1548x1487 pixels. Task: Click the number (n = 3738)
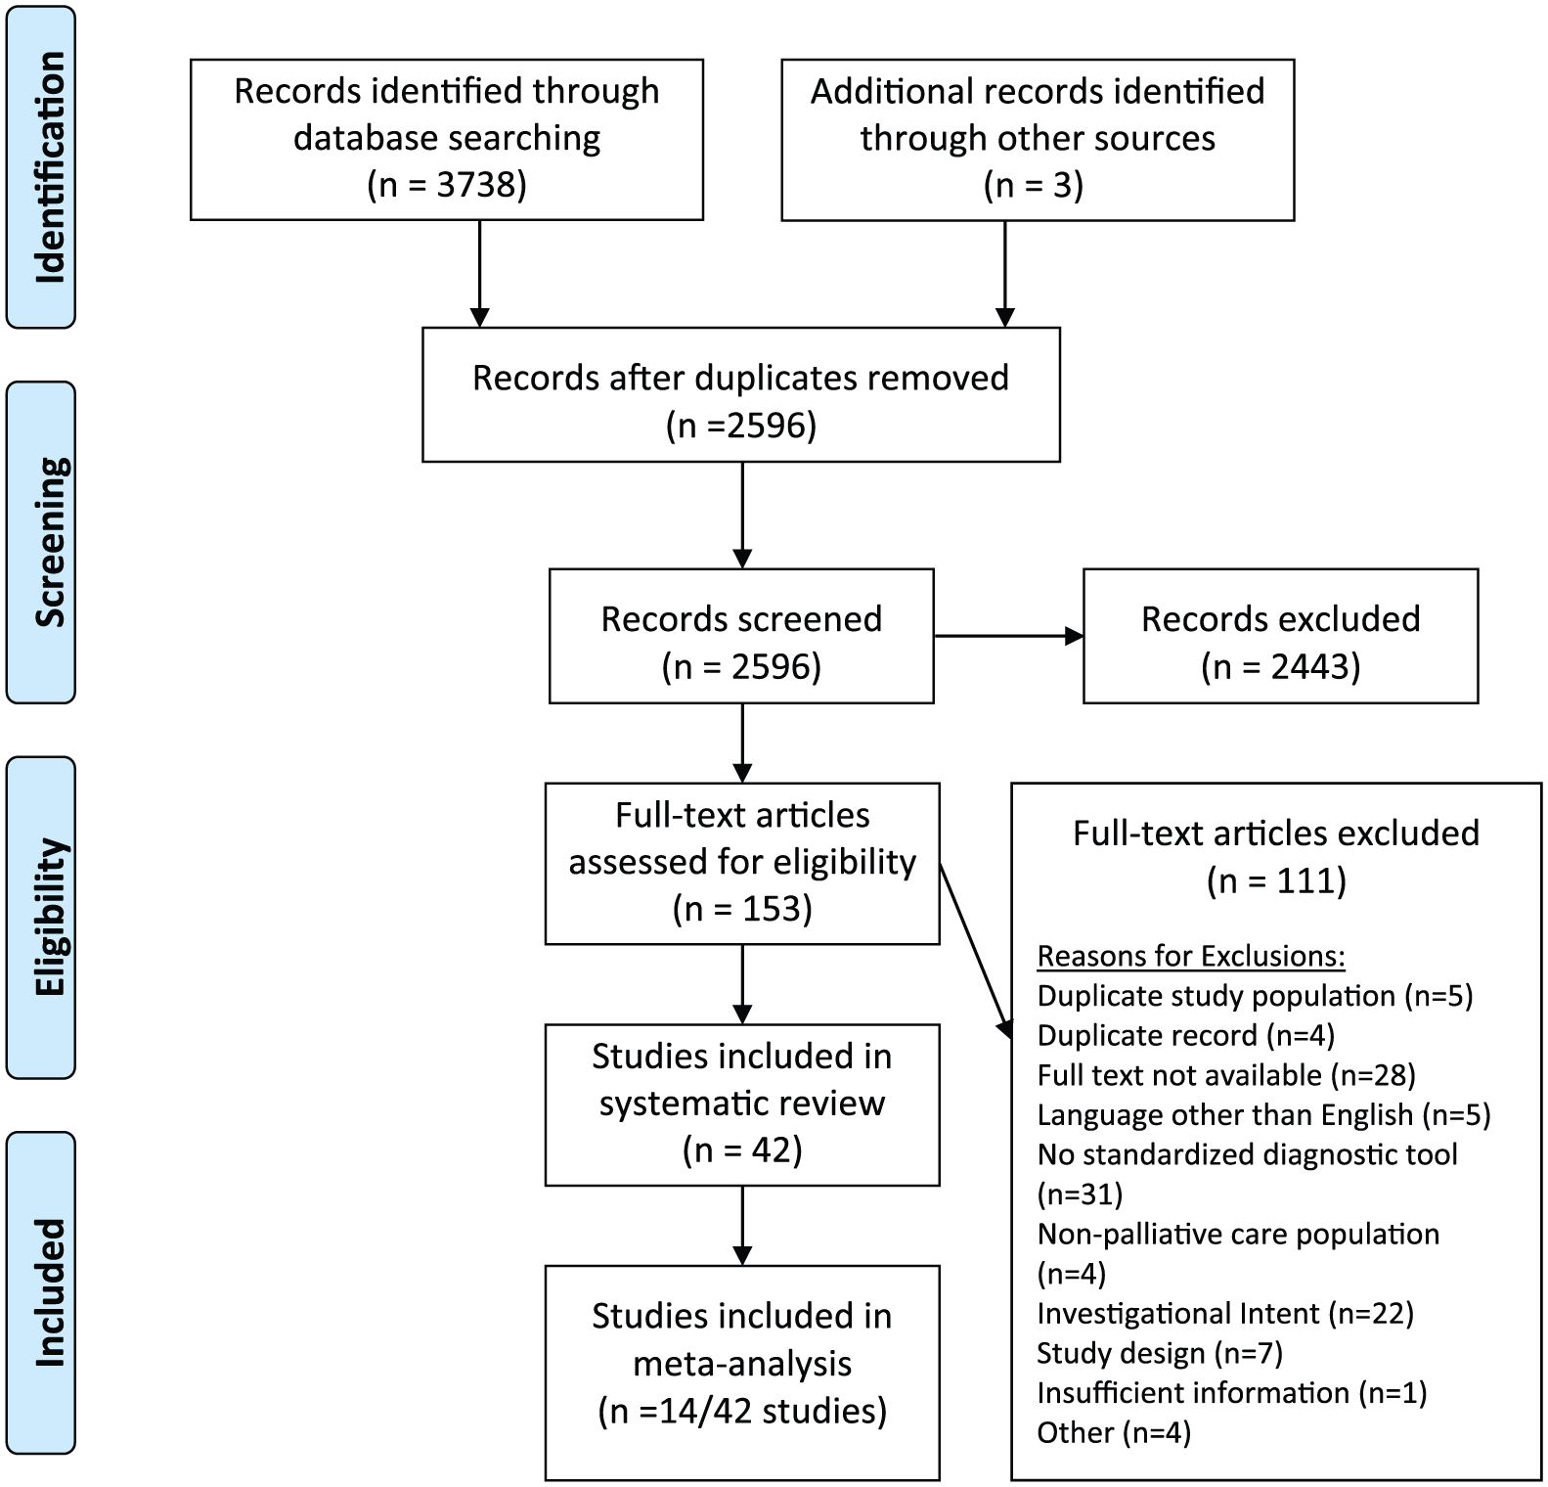[447, 185]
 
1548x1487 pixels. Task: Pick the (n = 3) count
[1034, 185]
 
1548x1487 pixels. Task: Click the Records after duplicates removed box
[741, 394]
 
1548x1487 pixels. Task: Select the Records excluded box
[1280, 636]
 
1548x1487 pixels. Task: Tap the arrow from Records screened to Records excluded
[1008, 636]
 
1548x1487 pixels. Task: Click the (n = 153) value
[742, 909]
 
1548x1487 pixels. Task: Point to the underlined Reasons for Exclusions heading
[1191, 956]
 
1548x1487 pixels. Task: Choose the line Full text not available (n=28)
[1226, 1075]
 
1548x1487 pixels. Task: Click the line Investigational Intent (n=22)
[1225, 1313]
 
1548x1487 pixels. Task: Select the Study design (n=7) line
[1160, 1353]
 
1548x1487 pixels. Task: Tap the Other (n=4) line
[1114, 1433]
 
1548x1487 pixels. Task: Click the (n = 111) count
[1276, 881]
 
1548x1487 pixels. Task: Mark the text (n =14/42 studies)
[742, 1412]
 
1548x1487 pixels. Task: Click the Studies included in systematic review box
[742, 1104]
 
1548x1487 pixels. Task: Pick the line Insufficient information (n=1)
[1232, 1393]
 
